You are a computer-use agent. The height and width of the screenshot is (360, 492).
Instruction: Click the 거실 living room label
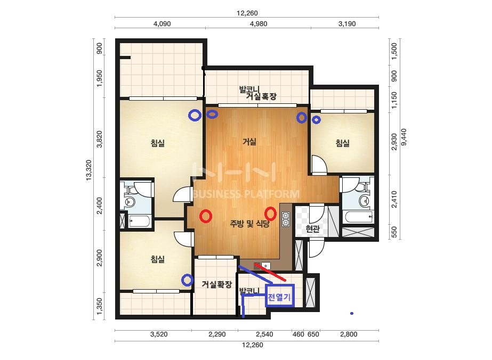(249, 142)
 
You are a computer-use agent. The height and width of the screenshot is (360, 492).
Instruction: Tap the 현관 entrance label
(312, 228)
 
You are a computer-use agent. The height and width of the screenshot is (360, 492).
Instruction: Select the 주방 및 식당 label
(250, 224)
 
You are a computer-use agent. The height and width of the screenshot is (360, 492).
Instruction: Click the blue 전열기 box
(279, 296)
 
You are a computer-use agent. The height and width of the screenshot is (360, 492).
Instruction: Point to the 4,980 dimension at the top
(259, 24)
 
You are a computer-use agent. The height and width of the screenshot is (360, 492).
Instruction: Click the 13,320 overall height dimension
(89, 170)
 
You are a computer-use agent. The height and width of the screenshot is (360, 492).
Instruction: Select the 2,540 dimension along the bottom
(264, 334)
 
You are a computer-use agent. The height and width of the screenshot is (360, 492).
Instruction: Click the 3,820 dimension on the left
(99, 139)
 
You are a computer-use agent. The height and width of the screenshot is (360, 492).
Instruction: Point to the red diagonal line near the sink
(270, 272)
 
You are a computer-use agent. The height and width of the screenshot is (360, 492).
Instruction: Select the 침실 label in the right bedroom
(343, 143)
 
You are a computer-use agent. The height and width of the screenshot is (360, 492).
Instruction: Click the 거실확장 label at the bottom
(217, 284)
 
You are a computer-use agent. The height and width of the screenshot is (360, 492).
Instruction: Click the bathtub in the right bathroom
(358, 217)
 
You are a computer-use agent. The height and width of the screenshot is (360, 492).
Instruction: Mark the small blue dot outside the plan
(352, 313)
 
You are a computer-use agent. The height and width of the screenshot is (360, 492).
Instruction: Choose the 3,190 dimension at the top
(347, 24)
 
